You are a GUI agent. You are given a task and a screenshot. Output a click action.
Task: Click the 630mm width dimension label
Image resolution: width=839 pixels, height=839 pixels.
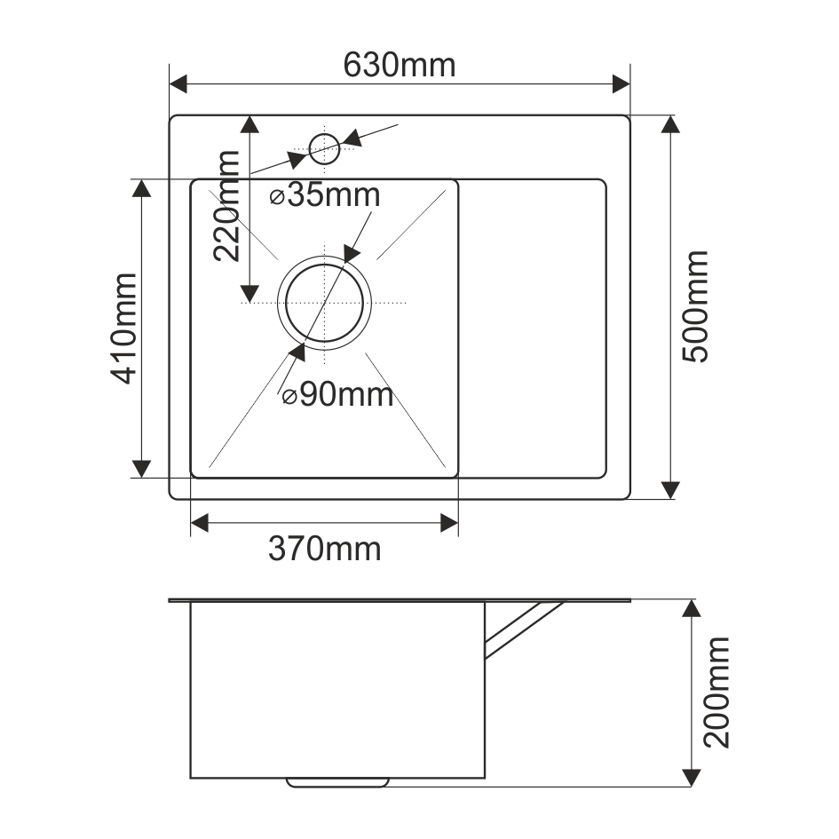399,65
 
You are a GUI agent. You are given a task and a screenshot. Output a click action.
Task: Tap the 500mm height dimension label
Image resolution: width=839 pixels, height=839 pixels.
695,306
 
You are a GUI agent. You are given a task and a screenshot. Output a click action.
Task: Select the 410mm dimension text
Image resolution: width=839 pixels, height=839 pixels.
123,328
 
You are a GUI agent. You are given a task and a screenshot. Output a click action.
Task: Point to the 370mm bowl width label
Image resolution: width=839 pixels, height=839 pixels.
325,550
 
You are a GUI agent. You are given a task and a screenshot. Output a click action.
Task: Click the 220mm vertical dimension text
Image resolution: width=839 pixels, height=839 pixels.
227,205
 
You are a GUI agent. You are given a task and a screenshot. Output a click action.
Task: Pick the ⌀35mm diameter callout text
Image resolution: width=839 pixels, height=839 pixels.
325,195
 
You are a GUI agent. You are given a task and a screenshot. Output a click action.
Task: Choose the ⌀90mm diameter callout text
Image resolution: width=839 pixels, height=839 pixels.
337,395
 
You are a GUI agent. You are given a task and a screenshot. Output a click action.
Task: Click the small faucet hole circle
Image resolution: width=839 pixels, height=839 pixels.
324,148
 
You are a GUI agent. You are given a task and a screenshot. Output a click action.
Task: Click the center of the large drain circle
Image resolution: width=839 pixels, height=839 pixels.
324,302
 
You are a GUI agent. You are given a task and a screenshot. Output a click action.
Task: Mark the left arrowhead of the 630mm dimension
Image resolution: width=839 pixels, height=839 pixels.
178,84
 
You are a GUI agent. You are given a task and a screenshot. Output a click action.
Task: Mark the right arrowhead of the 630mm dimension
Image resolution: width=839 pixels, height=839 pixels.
621,84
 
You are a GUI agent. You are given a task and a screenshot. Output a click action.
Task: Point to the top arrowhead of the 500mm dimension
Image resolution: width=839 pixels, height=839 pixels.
671,125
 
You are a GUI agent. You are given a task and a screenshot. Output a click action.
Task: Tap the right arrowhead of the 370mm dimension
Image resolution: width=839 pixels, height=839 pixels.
449,523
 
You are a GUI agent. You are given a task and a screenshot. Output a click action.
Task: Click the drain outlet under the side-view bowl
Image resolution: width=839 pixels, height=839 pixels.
337,782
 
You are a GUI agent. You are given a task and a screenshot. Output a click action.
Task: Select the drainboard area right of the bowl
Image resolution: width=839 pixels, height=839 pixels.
533,328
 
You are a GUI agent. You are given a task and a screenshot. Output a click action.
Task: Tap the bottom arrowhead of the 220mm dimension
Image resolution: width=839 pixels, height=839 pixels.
249,292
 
